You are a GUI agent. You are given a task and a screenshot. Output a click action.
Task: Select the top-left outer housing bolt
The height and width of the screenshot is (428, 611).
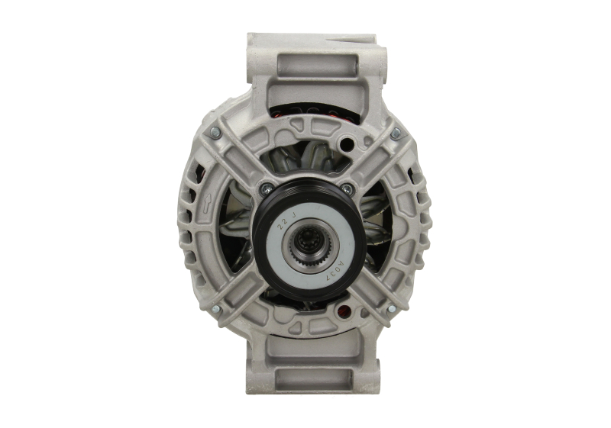[x=215, y=134]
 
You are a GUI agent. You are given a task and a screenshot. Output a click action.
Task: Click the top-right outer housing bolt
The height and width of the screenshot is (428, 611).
[x=395, y=134]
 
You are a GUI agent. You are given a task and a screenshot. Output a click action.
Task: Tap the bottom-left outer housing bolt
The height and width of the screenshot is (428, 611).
[x=215, y=309]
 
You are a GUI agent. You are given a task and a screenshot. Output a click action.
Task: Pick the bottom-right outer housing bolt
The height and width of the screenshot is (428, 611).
[x=391, y=309]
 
